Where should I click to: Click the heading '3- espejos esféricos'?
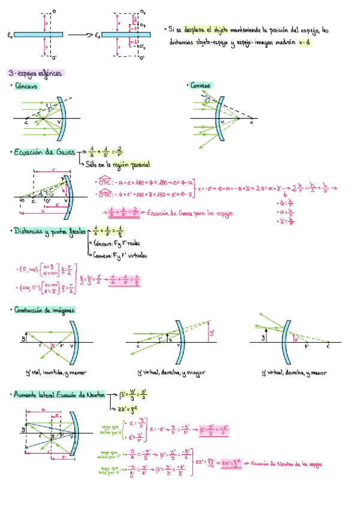click(x=36, y=72)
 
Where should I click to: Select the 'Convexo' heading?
click(x=201, y=86)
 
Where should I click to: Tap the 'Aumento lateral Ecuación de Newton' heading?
click(x=60, y=395)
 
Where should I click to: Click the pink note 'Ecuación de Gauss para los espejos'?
click(x=191, y=213)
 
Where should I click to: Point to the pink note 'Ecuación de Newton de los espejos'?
click(x=288, y=462)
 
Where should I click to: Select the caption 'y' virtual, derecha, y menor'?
click(x=294, y=373)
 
